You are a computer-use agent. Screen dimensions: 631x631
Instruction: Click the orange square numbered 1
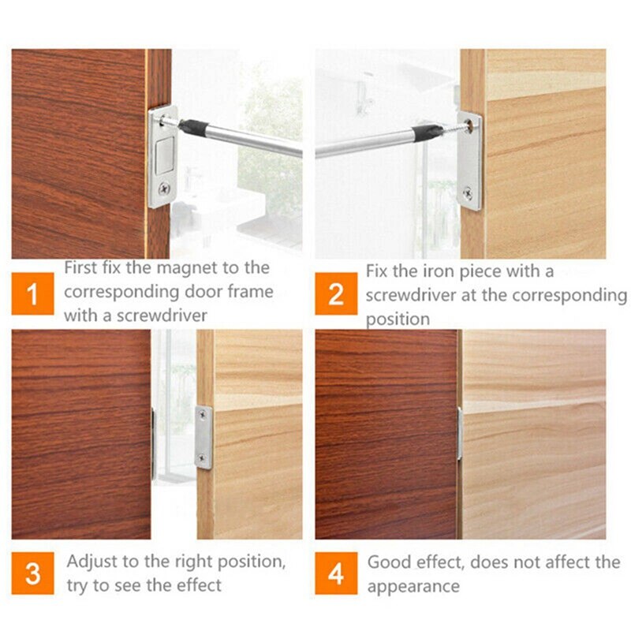pos(32,295)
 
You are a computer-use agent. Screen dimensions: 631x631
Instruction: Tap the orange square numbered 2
pos(336,295)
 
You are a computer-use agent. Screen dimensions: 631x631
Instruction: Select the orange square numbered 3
pos(32,573)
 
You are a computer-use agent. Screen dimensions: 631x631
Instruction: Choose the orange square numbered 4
pos(336,573)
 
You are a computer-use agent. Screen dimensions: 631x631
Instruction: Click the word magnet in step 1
pos(189,268)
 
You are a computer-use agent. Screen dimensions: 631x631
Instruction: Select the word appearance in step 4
pos(413,586)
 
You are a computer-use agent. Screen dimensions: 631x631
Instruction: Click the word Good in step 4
pos(389,562)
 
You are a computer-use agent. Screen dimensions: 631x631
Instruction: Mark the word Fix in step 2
pos(377,271)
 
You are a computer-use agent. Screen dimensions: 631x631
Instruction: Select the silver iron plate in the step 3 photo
pos(204,438)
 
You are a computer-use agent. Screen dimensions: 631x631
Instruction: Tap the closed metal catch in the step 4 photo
pos(460,433)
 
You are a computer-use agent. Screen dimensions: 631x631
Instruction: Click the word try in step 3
pos(77,585)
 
